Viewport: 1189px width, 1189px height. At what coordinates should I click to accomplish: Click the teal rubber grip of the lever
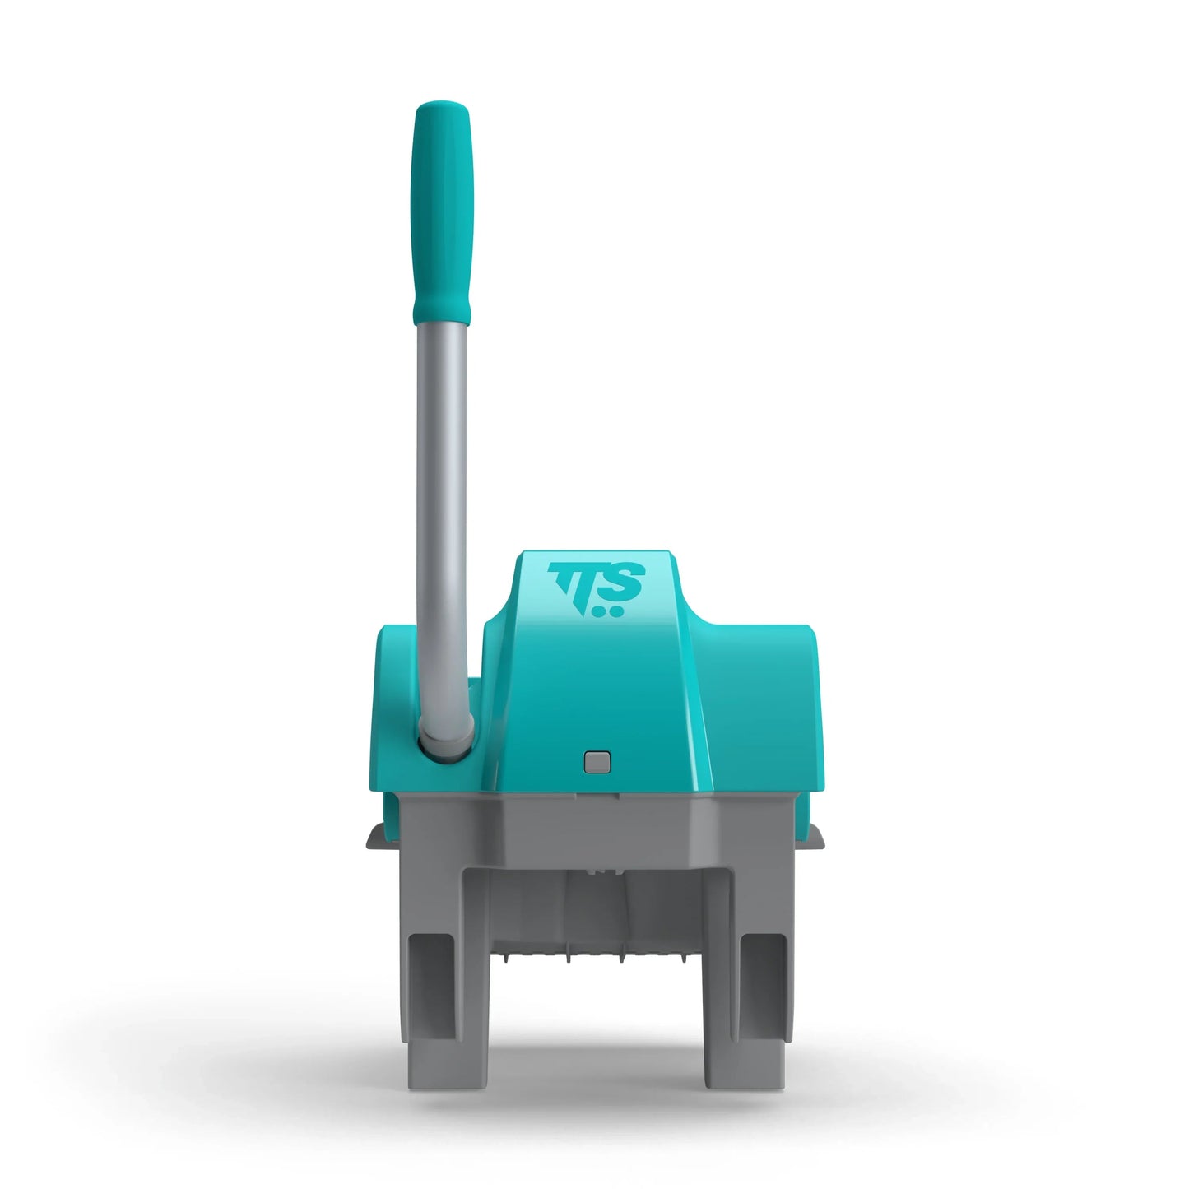click(443, 214)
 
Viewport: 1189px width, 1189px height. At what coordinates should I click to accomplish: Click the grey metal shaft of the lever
click(442, 510)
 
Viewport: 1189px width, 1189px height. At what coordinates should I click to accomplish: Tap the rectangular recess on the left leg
click(432, 987)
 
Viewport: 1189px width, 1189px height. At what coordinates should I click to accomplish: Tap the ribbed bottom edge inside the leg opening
click(597, 955)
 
